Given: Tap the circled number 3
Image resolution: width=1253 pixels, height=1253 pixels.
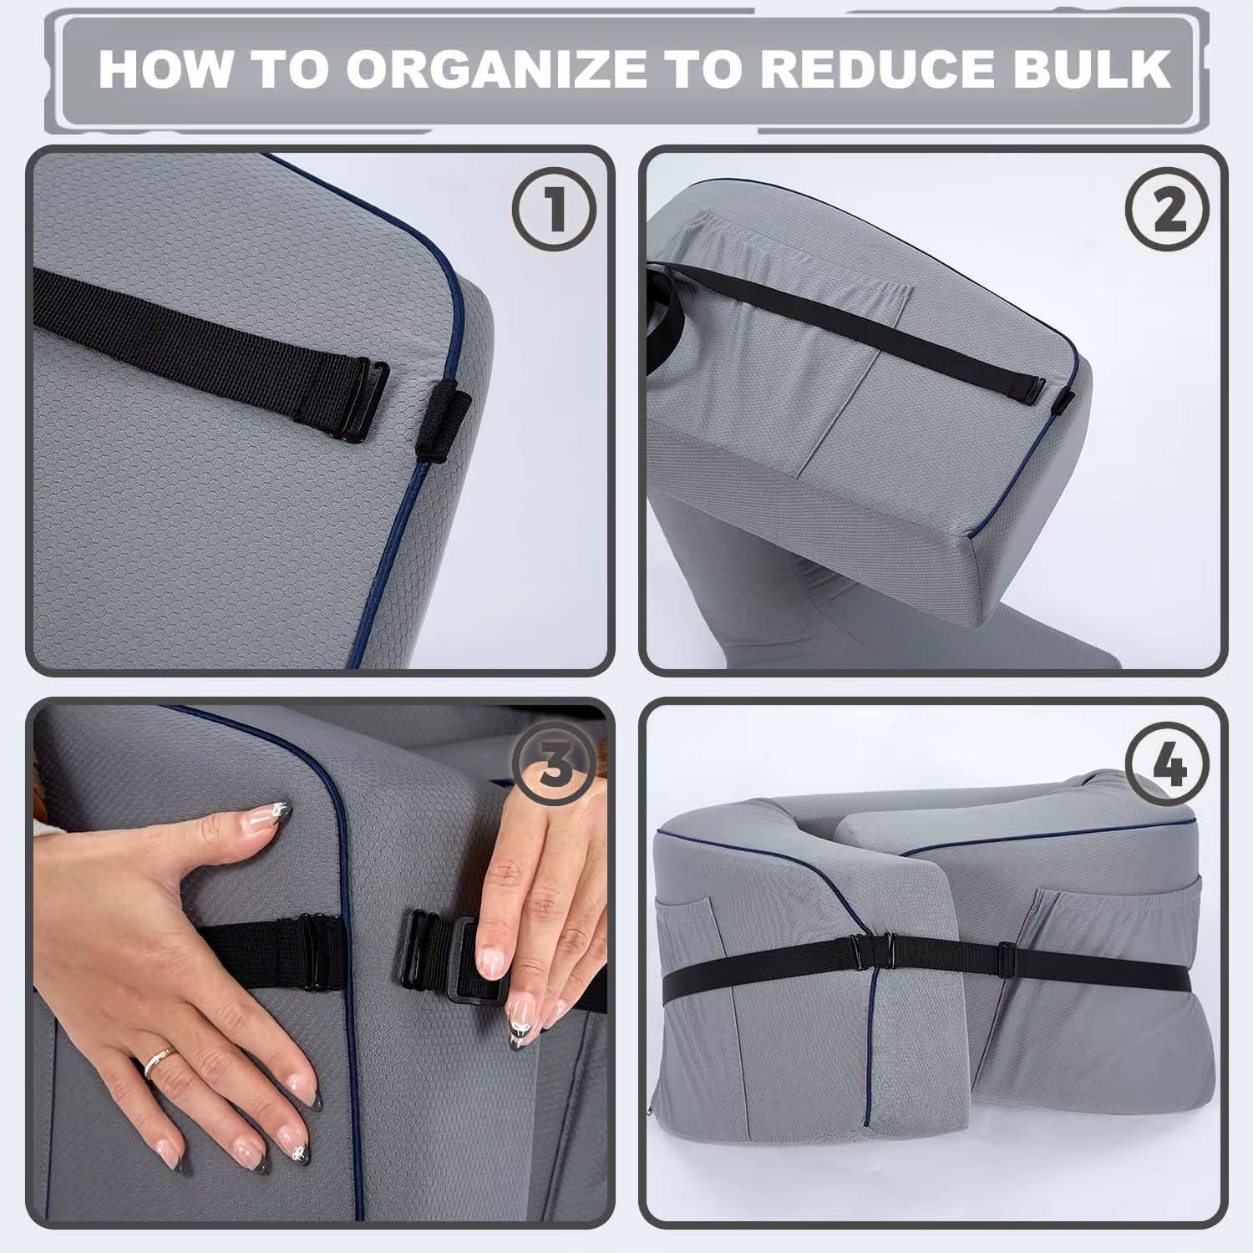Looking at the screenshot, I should [x=554, y=762].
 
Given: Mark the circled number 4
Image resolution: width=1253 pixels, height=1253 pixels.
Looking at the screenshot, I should [x=1167, y=762].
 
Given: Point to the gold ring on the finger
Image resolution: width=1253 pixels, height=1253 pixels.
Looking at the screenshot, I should [x=160, y=1062].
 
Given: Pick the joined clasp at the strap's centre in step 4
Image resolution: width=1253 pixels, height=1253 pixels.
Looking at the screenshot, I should [x=870, y=950].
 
